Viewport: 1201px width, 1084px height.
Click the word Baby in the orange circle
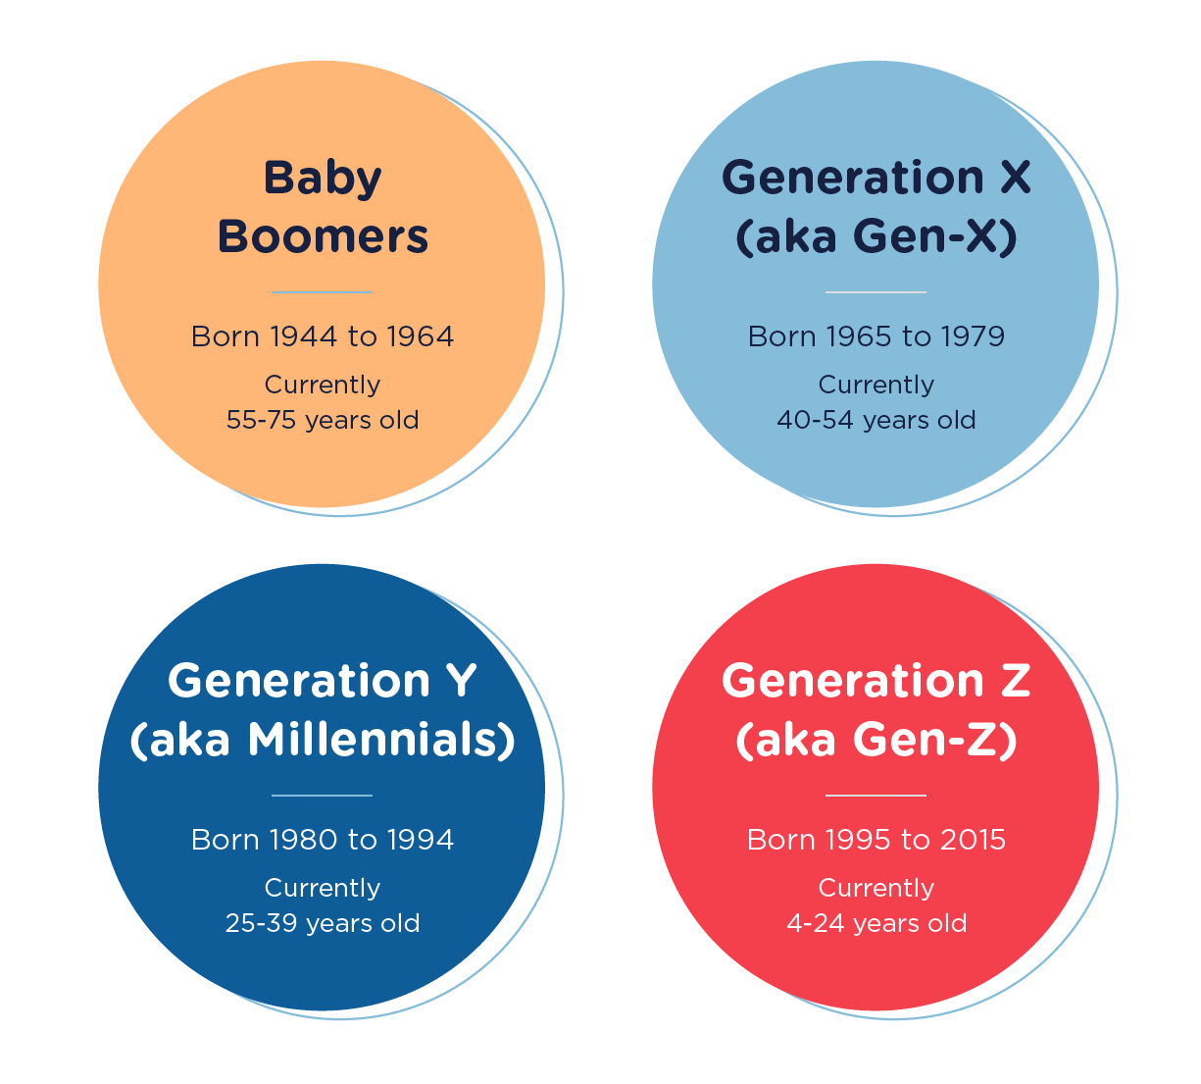tap(323, 179)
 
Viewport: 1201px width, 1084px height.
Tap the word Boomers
tap(323, 236)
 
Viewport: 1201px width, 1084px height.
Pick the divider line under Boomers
tap(323, 292)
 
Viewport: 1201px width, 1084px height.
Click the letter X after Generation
tap(1016, 178)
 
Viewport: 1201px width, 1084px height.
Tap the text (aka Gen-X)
tap(876, 236)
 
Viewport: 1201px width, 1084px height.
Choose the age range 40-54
tap(815, 420)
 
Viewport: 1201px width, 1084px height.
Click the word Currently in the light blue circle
tap(876, 386)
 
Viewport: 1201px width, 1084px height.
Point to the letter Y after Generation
tap(461, 681)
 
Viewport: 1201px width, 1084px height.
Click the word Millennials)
tap(381, 740)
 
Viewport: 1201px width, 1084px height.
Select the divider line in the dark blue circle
tap(323, 796)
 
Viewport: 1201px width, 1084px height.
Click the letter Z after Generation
tap(1016, 681)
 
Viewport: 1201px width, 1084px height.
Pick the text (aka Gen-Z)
tap(876, 740)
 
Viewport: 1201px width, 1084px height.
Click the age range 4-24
tap(815, 923)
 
